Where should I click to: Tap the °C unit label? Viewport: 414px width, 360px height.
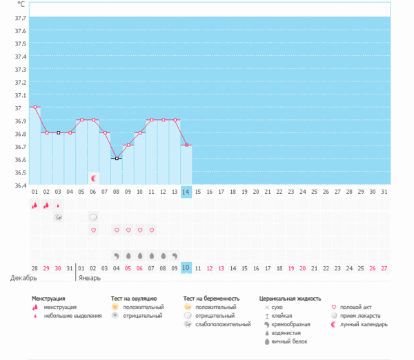pos(21,3)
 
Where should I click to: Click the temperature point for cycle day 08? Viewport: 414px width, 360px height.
pos(117,159)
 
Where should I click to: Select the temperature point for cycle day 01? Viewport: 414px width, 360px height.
pos(34,107)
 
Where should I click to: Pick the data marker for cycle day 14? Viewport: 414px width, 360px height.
pos(186,146)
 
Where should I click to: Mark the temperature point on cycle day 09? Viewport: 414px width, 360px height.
pos(128,146)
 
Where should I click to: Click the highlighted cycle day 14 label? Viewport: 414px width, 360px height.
pos(186,191)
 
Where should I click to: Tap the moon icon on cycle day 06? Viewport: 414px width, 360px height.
pos(93,178)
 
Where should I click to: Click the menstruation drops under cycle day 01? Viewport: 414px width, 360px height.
pos(34,205)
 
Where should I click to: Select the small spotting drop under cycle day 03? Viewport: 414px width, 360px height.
pos(58,205)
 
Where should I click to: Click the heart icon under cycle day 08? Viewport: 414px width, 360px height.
pos(117,230)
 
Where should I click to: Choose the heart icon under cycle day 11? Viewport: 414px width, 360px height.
pos(152,230)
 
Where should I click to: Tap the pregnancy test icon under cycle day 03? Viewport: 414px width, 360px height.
pos(58,217)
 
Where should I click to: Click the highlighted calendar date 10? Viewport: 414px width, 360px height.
pos(186,268)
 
